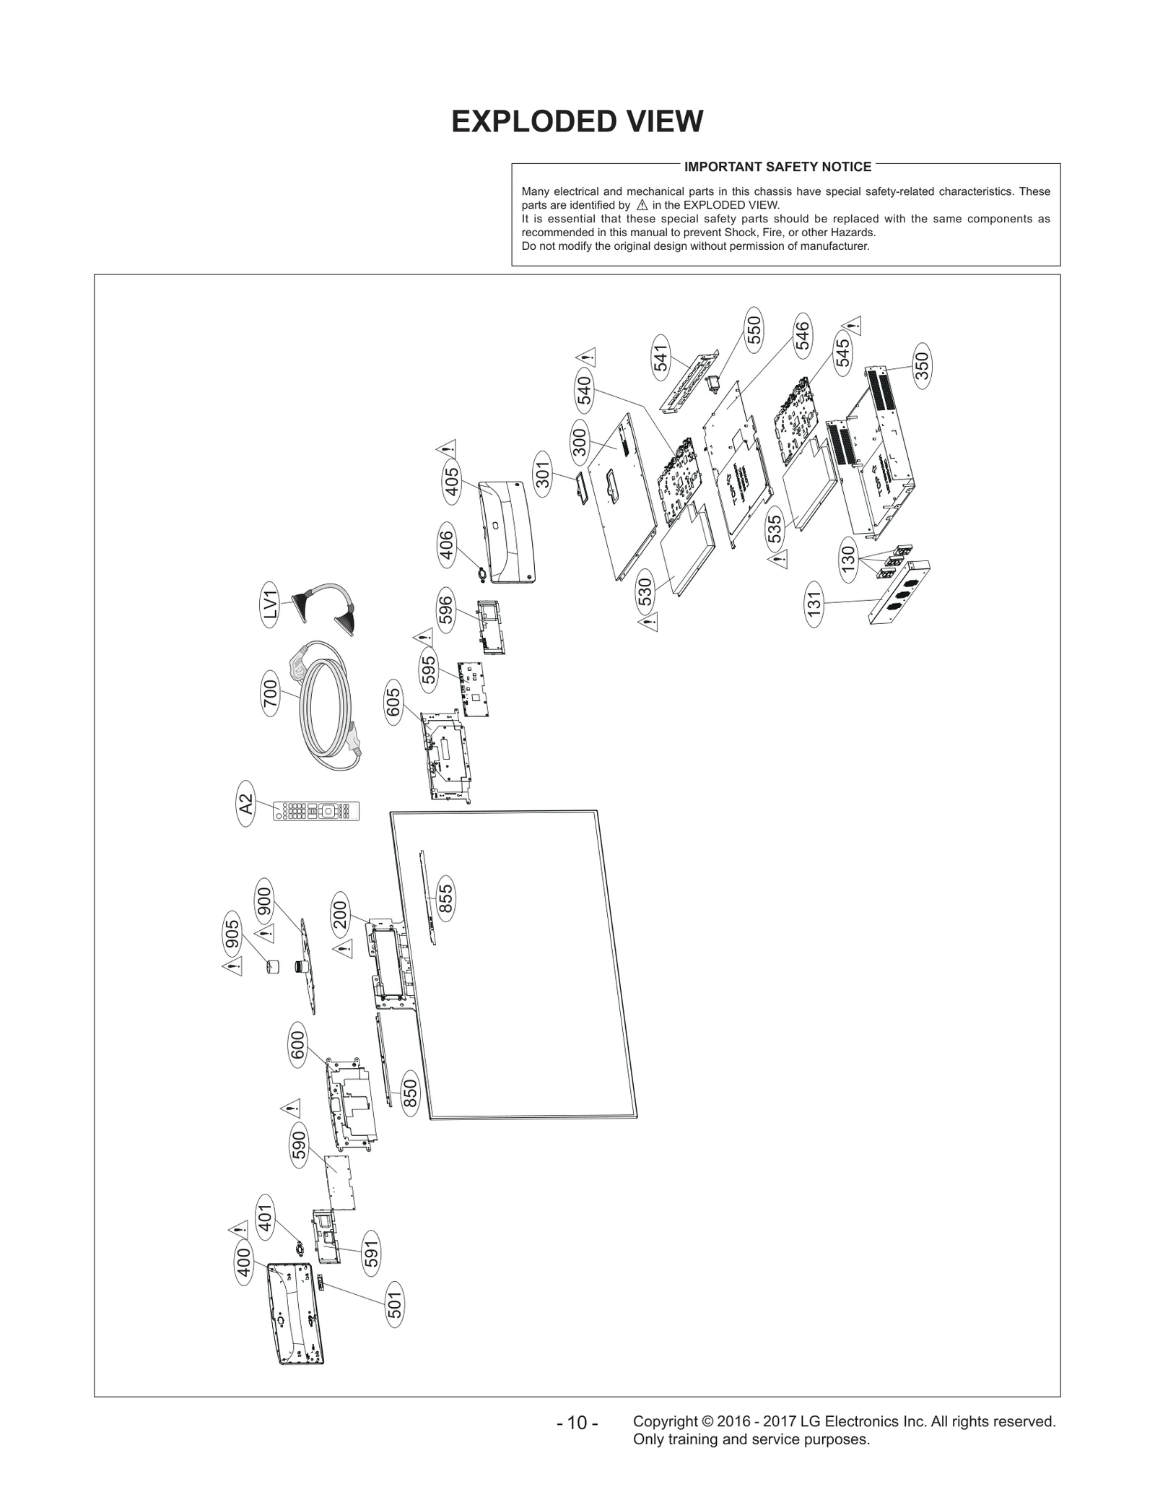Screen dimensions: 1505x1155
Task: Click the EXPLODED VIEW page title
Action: (577, 122)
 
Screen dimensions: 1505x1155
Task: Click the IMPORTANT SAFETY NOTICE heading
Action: (777, 167)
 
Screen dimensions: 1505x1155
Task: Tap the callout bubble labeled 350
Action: (922, 365)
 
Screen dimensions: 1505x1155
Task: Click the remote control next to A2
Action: (316, 811)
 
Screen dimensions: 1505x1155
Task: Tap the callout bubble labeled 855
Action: (445, 899)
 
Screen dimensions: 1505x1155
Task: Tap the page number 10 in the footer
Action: (577, 1423)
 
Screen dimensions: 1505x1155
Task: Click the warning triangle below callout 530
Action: (648, 622)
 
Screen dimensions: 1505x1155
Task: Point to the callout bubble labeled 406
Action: (446, 545)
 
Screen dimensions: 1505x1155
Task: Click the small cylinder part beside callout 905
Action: (273, 966)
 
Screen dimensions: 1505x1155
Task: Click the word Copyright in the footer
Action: (664, 1421)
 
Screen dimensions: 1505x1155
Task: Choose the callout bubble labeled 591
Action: (371, 1253)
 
